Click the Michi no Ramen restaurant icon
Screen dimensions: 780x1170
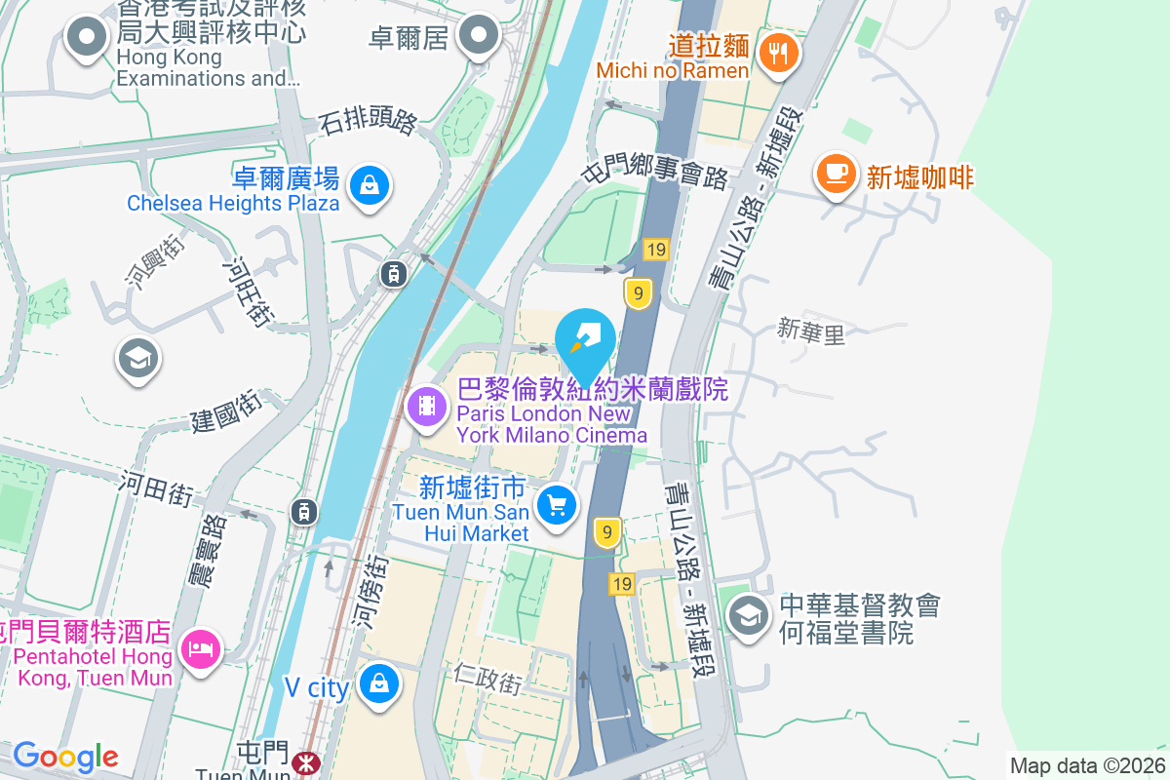coord(777,52)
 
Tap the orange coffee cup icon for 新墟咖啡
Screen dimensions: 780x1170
coord(836,174)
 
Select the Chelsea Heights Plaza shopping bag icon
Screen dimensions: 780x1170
coord(370,183)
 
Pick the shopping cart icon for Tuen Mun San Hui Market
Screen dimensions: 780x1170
coord(557,506)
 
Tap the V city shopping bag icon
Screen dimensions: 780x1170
coord(377,683)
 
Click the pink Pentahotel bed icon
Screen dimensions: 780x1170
coord(202,647)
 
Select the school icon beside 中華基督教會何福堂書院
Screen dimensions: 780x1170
coord(749,616)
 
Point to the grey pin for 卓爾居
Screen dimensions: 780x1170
coord(478,36)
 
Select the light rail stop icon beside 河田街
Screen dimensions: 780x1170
coord(304,510)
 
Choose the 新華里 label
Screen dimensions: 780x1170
coord(810,332)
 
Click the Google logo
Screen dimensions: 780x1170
coord(65,757)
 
